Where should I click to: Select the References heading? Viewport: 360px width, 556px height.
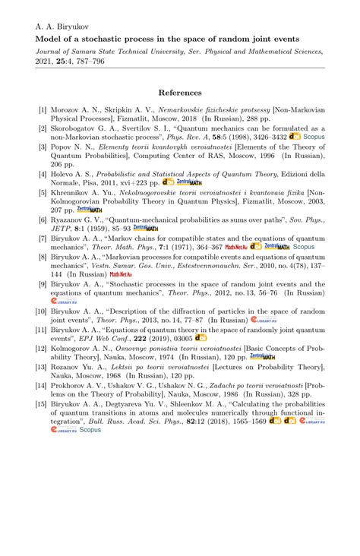coord(179,93)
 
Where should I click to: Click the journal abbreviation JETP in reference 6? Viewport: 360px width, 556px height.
coord(63,228)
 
